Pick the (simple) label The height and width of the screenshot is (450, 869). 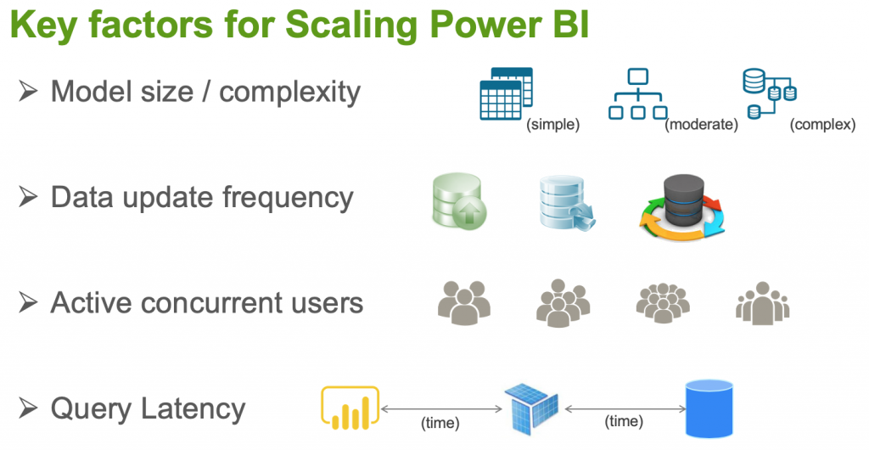click(x=552, y=125)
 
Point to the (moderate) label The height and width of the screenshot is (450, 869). click(x=701, y=125)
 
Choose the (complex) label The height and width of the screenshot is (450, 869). click(x=822, y=125)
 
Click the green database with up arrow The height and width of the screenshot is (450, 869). click(x=457, y=201)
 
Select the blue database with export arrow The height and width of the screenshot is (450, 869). click(x=565, y=204)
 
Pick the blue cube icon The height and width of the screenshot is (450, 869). click(x=531, y=408)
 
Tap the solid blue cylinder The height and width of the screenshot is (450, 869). click(x=709, y=408)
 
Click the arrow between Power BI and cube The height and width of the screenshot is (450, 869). click(x=440, y=409)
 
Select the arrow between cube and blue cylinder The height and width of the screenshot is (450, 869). click(x=624, y=409)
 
